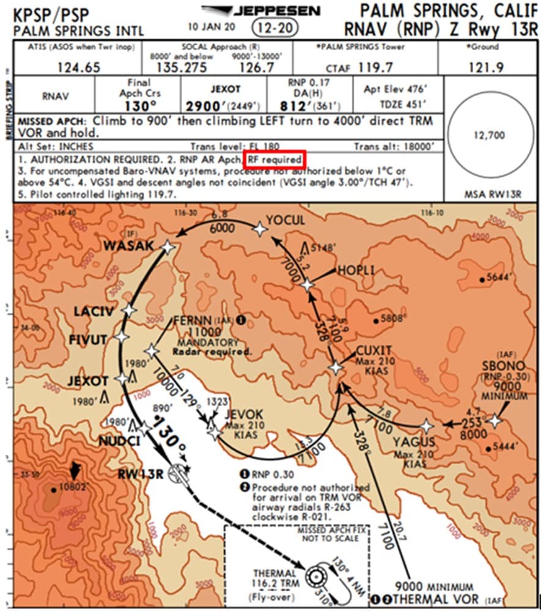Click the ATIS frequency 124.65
coord(78,68)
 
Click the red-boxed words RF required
coord(274,160)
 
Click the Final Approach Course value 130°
coord(139,105)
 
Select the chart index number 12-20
coord(274,28)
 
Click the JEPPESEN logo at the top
coord(262,11)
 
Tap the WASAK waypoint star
coord(167,247)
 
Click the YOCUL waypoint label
coord(285,221)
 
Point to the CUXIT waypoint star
coord(336,367)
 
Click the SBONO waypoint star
coord(494,420)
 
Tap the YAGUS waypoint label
coord(414,442)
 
